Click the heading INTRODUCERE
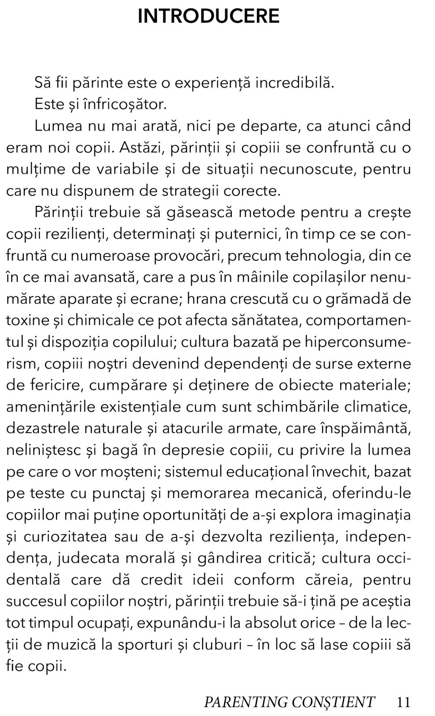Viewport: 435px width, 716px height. [209, 17]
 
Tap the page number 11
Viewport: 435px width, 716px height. [403, 702]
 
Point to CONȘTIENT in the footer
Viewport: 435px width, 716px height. [333, 702]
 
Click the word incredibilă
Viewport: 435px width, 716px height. [294, 83]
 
